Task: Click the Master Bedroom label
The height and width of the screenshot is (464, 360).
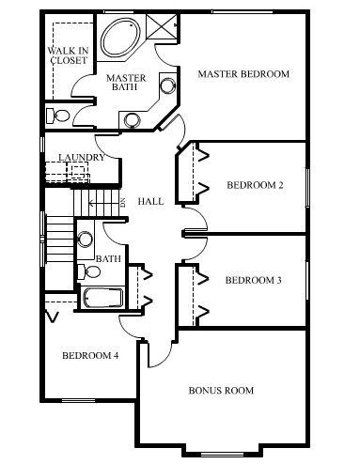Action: click(x=243, y=74)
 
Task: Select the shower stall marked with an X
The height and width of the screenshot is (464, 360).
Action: click(x=162, y=26)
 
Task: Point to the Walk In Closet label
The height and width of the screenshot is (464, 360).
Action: click(x=69, y=55)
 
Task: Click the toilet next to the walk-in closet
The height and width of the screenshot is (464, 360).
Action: click(x=57, y=116)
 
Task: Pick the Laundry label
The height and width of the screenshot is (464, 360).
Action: click(x=82, y=157)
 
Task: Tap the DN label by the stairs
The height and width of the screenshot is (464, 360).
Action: click(x=123, y=203)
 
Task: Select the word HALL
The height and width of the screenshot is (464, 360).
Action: click(x=150, y=201)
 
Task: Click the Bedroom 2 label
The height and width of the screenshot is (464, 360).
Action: click(x=255, y=185)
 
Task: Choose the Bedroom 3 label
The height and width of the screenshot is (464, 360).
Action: click(x=254, y=280)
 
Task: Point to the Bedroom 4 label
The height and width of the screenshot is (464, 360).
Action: click(x=90, y=356)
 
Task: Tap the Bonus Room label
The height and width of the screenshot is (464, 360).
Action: click(x=221, y=391)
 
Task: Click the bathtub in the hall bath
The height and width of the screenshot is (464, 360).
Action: click(x=103, y=298)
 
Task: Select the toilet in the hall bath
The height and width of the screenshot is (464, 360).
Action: click(x=89, y=271)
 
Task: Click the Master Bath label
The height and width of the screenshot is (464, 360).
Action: click(x=126, y=82)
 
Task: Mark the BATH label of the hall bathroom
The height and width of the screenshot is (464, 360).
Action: click(x=108, y=259)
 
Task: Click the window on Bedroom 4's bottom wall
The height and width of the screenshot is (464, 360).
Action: click(x=78, y=401)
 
